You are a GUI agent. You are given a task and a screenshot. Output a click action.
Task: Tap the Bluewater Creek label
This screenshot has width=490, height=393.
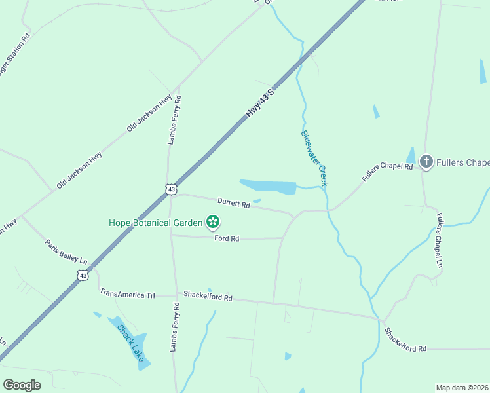[x=314, y=158]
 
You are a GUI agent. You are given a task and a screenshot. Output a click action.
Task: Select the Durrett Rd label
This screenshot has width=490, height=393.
[x=234, y=204]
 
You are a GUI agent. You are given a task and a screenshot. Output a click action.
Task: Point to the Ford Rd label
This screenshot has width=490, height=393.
[x=227, y=239]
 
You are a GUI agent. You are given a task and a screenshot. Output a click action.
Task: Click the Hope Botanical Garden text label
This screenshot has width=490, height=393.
[x=156, y=223]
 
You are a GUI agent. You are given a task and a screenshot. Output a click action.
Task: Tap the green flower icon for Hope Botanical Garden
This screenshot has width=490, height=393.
[x=212, y=223]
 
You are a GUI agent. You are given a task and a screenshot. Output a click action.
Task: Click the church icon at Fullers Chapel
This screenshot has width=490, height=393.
[x=426, y=162]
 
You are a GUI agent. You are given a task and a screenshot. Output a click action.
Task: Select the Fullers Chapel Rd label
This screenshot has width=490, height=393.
[x=387, y=172]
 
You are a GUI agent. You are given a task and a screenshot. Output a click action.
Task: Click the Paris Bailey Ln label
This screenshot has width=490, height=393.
[x=66, y=252]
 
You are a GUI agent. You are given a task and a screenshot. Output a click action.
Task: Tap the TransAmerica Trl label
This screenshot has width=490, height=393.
[x=127, y=295]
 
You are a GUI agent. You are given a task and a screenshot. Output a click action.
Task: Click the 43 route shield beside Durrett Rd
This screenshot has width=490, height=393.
[x=171, y=189]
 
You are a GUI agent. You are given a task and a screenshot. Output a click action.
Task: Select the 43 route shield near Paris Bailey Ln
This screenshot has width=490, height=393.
[x=83, y=276]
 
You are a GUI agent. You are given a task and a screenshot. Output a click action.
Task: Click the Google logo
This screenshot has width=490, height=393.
[x=22, y=384]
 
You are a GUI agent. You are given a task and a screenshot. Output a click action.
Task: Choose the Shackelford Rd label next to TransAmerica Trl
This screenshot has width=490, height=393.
[x=208, y=297]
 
